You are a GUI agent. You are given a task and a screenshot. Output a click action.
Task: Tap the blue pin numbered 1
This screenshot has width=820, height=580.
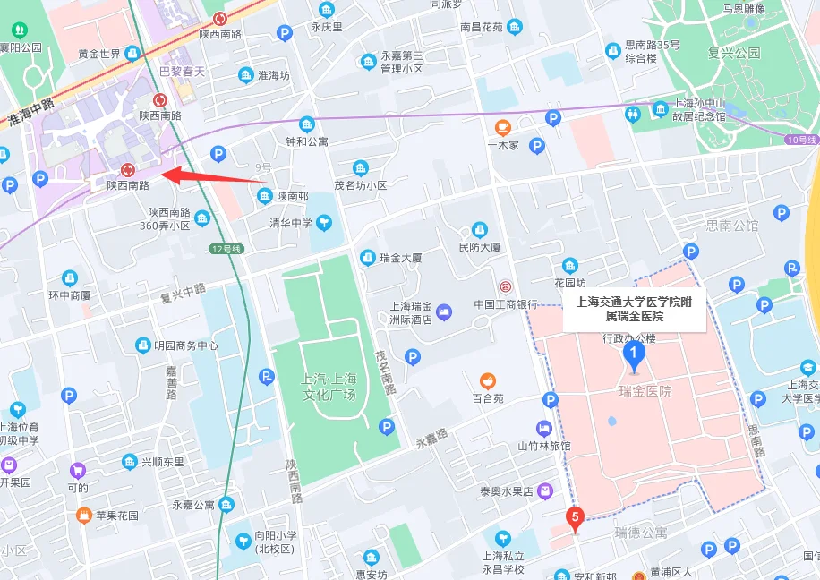(x=634, y=355)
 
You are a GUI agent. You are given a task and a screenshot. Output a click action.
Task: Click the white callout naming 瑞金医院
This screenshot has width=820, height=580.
(x=634, y=309)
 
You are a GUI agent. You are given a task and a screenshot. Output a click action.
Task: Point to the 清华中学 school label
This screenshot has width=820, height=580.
(x=291, y=223)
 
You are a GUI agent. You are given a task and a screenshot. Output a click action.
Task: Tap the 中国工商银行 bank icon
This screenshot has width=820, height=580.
(x=506, y=287)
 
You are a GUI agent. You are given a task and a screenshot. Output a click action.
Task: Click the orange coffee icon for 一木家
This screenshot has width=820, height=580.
(x=503, y=125)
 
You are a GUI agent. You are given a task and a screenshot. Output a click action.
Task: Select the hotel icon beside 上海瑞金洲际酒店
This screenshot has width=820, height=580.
(x=446, y=311)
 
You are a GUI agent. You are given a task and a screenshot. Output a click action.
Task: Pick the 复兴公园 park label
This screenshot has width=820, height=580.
(x=733, y=53)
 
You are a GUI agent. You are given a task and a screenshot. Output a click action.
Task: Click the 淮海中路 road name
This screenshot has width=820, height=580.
(x=31, y=111)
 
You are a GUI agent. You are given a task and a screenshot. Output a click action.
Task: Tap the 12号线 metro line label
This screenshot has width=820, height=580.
(x=226, y=248)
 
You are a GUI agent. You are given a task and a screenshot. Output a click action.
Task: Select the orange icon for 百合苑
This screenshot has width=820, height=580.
(x=487, y=380)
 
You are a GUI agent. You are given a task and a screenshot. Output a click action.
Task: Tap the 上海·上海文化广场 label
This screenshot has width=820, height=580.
(x=329, y=387)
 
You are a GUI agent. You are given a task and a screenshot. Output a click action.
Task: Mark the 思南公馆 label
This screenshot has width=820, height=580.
(x=731, y=226)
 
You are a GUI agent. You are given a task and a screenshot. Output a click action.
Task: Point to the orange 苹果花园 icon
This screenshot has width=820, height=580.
(x=84, y=516)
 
